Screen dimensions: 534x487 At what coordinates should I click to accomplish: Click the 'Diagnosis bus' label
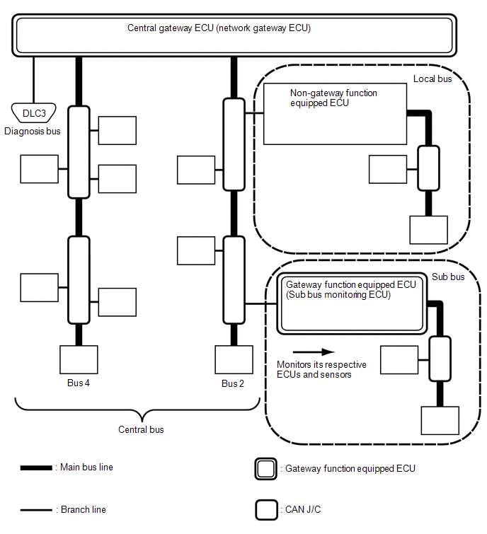33,131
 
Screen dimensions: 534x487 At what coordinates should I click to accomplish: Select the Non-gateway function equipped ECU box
335,113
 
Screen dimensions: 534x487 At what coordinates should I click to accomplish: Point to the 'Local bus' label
432,79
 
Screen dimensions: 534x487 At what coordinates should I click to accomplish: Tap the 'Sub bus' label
448,277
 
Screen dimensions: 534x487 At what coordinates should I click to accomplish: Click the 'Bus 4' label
77,383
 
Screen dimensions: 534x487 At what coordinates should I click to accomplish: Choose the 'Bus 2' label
233,383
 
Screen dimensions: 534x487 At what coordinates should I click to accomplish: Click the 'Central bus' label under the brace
142,429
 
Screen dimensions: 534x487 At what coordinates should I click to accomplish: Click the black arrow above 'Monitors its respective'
313,351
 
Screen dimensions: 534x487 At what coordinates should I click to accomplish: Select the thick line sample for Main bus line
35,468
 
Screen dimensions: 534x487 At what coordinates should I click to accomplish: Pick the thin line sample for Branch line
35,509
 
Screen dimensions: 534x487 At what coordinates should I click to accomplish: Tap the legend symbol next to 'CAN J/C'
266,509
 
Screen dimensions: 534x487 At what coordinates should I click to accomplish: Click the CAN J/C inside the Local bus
428,168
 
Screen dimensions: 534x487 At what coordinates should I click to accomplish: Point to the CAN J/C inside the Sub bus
440,359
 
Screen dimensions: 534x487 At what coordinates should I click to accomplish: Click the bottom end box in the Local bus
429,229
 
